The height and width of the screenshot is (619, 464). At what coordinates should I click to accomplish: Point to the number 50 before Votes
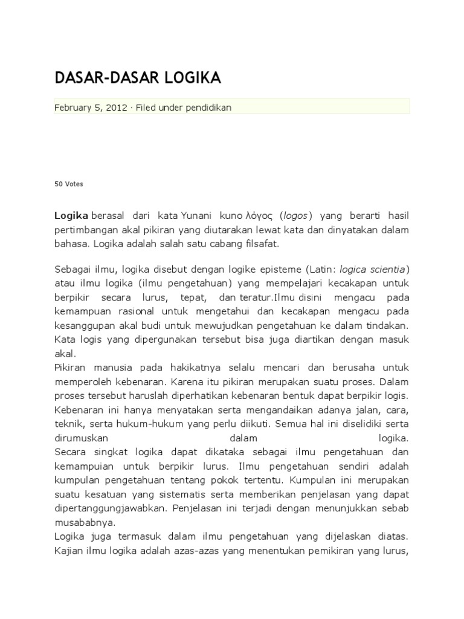59,184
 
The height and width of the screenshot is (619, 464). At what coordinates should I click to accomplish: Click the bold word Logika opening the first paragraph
71,215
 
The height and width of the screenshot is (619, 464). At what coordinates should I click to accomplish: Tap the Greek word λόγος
260,215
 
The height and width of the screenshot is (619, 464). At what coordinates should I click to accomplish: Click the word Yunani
198,215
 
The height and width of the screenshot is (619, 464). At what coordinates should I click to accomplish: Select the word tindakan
387,325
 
